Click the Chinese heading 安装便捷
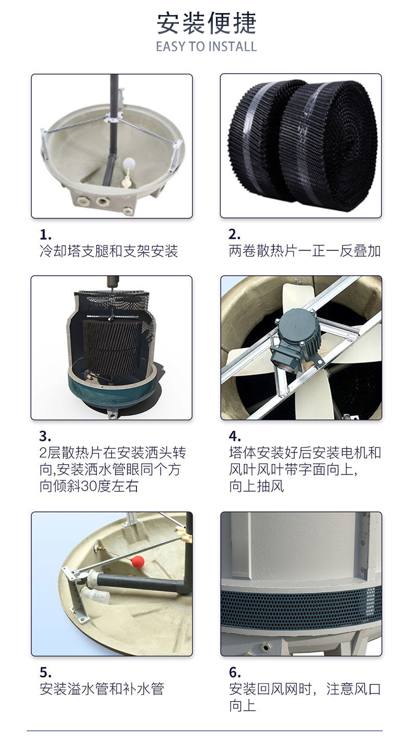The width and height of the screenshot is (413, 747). (206, 23)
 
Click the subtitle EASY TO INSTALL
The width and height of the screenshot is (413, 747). (206, 46)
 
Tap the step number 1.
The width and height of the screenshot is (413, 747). (45, 235)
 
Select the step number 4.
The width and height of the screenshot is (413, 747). (235, 436)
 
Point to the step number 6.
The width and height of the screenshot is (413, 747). (235, 672)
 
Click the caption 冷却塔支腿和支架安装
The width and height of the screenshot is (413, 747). (109, 251)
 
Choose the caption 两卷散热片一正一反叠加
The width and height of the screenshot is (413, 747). (304, 251)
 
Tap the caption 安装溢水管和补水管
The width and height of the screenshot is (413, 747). (101, 689)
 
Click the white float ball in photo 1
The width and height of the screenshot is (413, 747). (129, 163)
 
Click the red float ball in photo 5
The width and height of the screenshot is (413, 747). (137, 561)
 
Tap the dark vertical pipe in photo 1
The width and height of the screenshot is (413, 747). (112, 130)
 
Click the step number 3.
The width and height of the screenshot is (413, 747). (45, 436)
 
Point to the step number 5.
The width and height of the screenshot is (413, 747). (45, 672)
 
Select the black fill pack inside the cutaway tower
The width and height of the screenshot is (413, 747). (112, 347)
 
